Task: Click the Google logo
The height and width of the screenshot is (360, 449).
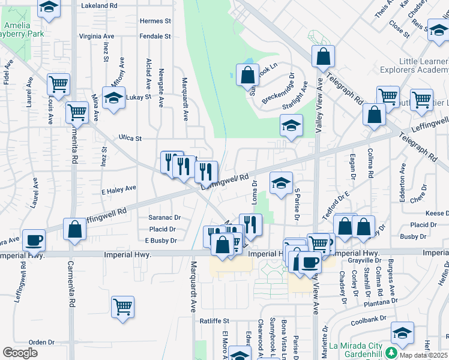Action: [x=20, y=352]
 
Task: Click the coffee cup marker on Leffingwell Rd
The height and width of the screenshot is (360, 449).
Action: [x=34, y=239]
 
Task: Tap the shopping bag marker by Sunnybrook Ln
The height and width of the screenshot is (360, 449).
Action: [x=247, y=76]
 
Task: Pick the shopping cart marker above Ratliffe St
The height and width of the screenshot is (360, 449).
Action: [x=122, y=307]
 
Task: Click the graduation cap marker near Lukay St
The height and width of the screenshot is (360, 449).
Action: [x=113, y=98]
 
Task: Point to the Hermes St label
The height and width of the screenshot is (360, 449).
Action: [x=155, y=20]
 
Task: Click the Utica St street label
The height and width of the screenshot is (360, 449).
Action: [x=130, y=138]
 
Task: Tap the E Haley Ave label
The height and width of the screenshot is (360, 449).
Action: [x=118, y=188]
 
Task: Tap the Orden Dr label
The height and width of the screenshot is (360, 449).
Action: [x=41, y=342]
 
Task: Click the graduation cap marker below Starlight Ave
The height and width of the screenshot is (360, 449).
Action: [x=291, y=126]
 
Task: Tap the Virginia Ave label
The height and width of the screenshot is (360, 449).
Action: [x=100, y=36]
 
